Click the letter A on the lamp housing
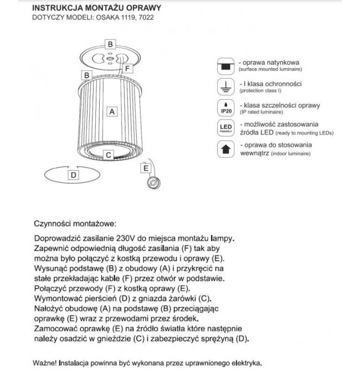pyautogui.click(x=112, y=111)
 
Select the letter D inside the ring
pyautogui.click(x=73, y=174)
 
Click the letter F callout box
pyautogui.click(x=127, y=69)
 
